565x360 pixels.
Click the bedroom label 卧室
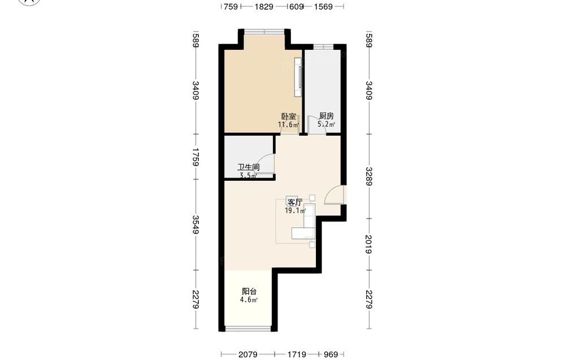point(289,117)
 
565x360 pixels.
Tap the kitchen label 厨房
point(327,116)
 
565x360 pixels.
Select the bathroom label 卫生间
point(249,168)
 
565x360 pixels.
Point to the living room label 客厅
point(295,202)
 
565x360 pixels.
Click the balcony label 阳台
point(249,291)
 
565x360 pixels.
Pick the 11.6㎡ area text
point(288,125)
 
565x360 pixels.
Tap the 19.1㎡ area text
point(295,210)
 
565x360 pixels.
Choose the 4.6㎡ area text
point(249,300)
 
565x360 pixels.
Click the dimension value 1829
point(264,6)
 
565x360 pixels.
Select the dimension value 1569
point(323,6)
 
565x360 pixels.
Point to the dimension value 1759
point(196,157)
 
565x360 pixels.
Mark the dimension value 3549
point(196,224)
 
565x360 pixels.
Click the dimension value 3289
point(368,176)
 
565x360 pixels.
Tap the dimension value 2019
point(368,244)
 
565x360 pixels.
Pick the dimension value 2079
point(248,354)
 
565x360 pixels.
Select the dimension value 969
point(331,354)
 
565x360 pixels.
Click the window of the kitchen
point(323,46)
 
